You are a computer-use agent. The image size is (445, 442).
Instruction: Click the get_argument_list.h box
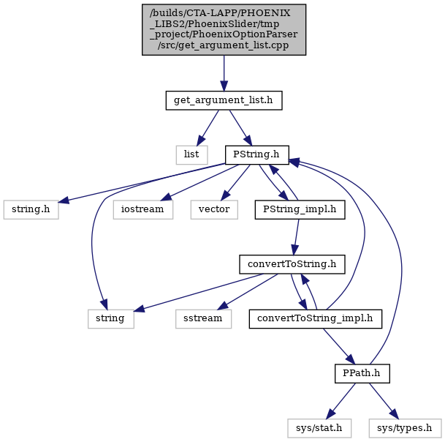(224, 100)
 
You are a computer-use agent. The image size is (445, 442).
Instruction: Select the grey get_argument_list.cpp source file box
(224, 29)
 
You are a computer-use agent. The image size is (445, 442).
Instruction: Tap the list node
(191, 155)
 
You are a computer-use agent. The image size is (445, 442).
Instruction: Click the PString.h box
(256, 155)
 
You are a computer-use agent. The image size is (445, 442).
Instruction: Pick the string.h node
(31, 210)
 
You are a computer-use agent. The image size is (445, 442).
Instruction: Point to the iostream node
(142, 210)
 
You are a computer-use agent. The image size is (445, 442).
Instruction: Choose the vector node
(214, 210)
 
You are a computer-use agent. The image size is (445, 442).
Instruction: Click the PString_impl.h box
(300, 210)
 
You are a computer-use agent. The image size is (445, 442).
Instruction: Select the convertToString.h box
(292, 264)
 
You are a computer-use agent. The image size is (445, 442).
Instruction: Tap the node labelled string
(110, 319)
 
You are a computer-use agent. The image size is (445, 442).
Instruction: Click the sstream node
(203, 319)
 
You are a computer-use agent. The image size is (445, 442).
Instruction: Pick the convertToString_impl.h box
(316, 319)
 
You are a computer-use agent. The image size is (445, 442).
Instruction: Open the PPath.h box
(362, 373)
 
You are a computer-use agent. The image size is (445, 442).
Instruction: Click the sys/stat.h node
(319, 428)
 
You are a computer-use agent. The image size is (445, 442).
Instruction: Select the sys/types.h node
(405, 428)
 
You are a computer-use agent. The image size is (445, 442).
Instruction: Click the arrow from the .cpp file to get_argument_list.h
(224, 73)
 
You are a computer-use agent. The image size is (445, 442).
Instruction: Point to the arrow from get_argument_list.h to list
(208, 128)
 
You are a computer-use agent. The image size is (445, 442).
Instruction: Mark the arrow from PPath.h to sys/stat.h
(341, 401)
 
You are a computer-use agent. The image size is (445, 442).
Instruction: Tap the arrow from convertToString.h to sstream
(248, 292)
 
